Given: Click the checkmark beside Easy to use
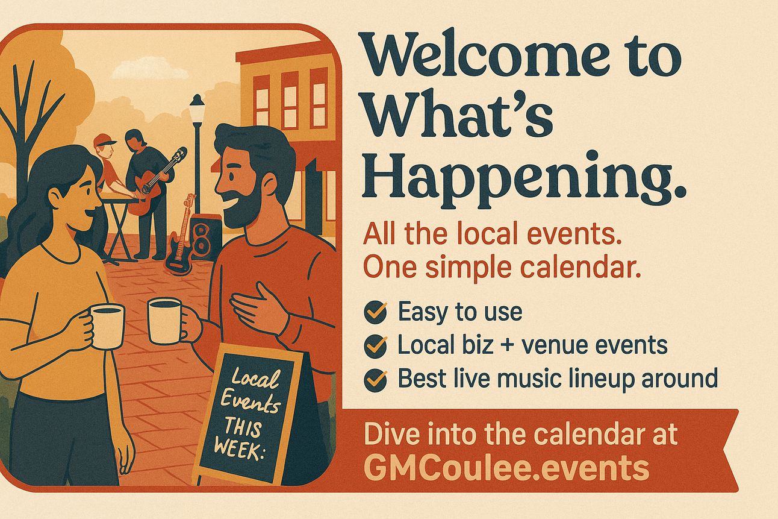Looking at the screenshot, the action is (x=376, y=312).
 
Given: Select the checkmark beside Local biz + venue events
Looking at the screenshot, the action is (x=376, y=345).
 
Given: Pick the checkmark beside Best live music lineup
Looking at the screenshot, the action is (x=376, y=379).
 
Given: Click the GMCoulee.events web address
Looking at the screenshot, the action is (x=506, y=467).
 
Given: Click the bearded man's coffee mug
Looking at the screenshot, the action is (x=165, y=321).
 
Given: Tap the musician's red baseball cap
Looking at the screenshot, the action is (x=104, y=140).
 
